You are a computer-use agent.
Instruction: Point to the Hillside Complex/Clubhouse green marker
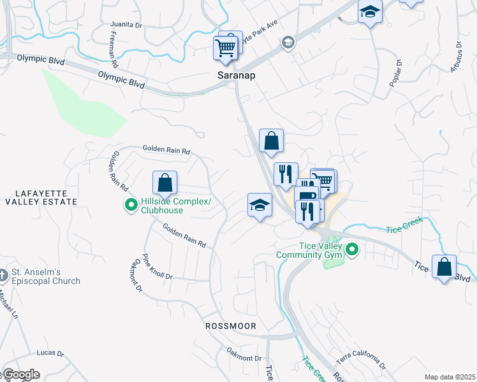pyautogui.click(x=131, y=205)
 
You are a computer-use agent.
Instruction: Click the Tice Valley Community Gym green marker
pyautogui.click(x=351, y=251)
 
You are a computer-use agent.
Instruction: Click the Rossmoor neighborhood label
pyautogui.click(x=231, y=326)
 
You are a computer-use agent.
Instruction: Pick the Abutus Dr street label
pyautogui.click(x=456, y=58)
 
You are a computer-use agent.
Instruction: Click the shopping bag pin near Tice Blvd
pyautogui.click(x=444, y=267)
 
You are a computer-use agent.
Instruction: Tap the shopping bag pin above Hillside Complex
pyautogui.click(x=165, y=183)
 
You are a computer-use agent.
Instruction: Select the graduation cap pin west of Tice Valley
pyautogui.click(x=260, y=205)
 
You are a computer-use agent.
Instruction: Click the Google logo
pyautogui.click(x=20, y=374)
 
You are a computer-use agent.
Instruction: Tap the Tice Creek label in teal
pyautogui.click(x=406, y=229)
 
